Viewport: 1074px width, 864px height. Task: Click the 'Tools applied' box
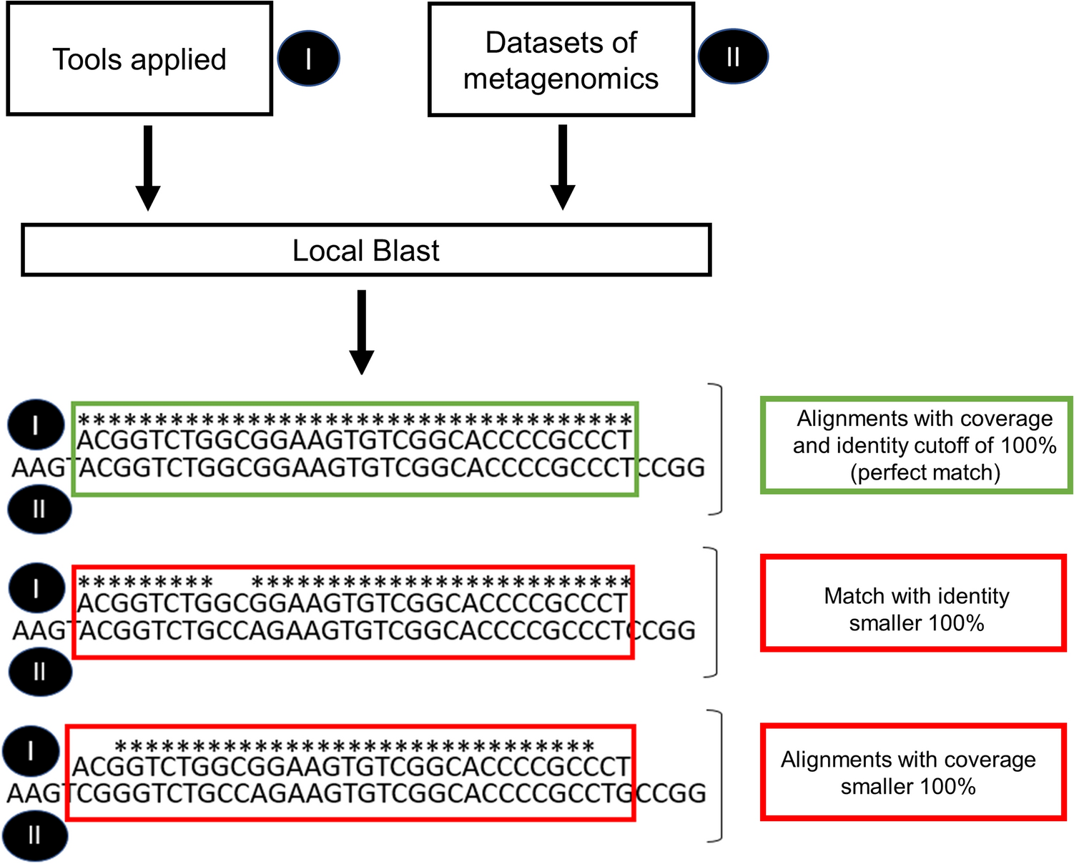(139, 59)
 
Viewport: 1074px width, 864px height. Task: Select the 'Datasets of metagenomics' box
(561, 60)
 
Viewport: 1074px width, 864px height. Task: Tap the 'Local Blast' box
(366, 250)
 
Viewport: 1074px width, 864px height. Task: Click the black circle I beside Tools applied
(308, 59)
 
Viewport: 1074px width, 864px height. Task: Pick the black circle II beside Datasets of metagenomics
(733, 56)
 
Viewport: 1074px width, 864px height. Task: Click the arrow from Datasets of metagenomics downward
(563, 167)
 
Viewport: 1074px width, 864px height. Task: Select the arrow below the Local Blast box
(362, 332)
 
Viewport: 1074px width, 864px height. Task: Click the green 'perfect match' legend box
(917, 445)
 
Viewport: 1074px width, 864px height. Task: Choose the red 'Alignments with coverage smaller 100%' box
(913, 772)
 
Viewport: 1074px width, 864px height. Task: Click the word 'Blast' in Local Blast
(405, 251)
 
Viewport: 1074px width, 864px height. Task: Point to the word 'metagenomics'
(561, 79)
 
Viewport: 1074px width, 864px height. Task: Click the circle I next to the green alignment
(36, 425)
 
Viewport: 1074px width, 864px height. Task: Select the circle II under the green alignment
(39, 509)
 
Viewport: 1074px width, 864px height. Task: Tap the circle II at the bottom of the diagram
(35, 835)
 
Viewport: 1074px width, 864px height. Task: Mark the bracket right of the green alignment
(717, 449)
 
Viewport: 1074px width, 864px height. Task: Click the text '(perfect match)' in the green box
(925, 472)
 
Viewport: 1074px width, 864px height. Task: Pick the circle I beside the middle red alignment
(36, 588)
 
